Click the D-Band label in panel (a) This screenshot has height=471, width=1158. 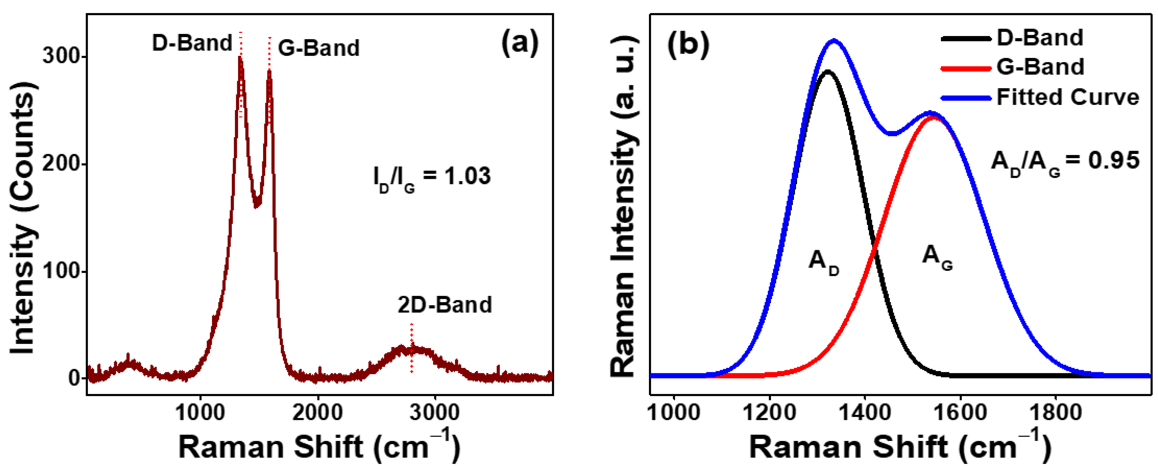tap(192, 43)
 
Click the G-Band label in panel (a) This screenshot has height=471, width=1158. tap(319, 48)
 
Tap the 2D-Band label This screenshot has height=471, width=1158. tap(445, 305)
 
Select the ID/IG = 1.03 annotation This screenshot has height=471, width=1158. tap(432, 177)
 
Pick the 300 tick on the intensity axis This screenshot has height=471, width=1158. tap(60, 57)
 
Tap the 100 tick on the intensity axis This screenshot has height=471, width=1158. tap(60, 271)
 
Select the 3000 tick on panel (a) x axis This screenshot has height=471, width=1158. tap(435, 412)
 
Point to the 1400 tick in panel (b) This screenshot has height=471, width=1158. tap(864, 412)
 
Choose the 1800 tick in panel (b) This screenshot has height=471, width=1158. tap(1055, 412)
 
